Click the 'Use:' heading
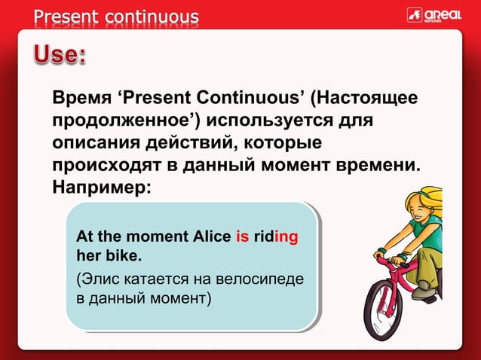pyautogui.click(x=60, y=56)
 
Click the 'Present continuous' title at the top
pyautogui.click(x=116, y=16)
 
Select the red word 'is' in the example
pyautogui.click(x=243, y=237)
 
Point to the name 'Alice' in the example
pyautogui.click(x=209, y=237)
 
